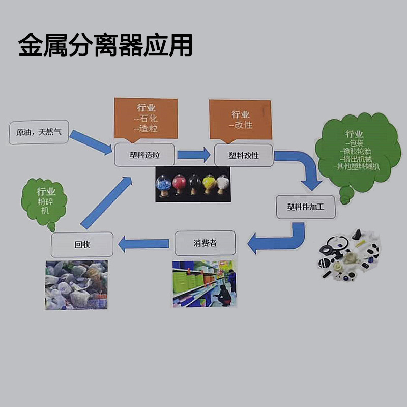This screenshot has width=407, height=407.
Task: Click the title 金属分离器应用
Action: (105, 46)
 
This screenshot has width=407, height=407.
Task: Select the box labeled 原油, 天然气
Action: (39, 132)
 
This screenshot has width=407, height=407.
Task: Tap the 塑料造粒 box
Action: (144, 155)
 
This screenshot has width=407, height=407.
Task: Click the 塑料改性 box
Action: (244, 155)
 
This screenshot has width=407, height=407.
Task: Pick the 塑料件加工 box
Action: (305, 207)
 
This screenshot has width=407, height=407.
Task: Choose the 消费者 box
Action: (206, 243)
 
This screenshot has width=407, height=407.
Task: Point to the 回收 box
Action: (82, 244)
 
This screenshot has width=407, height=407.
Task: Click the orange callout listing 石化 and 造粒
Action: (146, 118)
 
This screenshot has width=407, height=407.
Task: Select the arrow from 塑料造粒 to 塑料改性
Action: (194, 155)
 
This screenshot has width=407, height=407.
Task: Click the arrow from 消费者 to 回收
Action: (143, 243)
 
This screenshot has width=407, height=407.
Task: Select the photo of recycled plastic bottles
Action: (76, 285)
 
